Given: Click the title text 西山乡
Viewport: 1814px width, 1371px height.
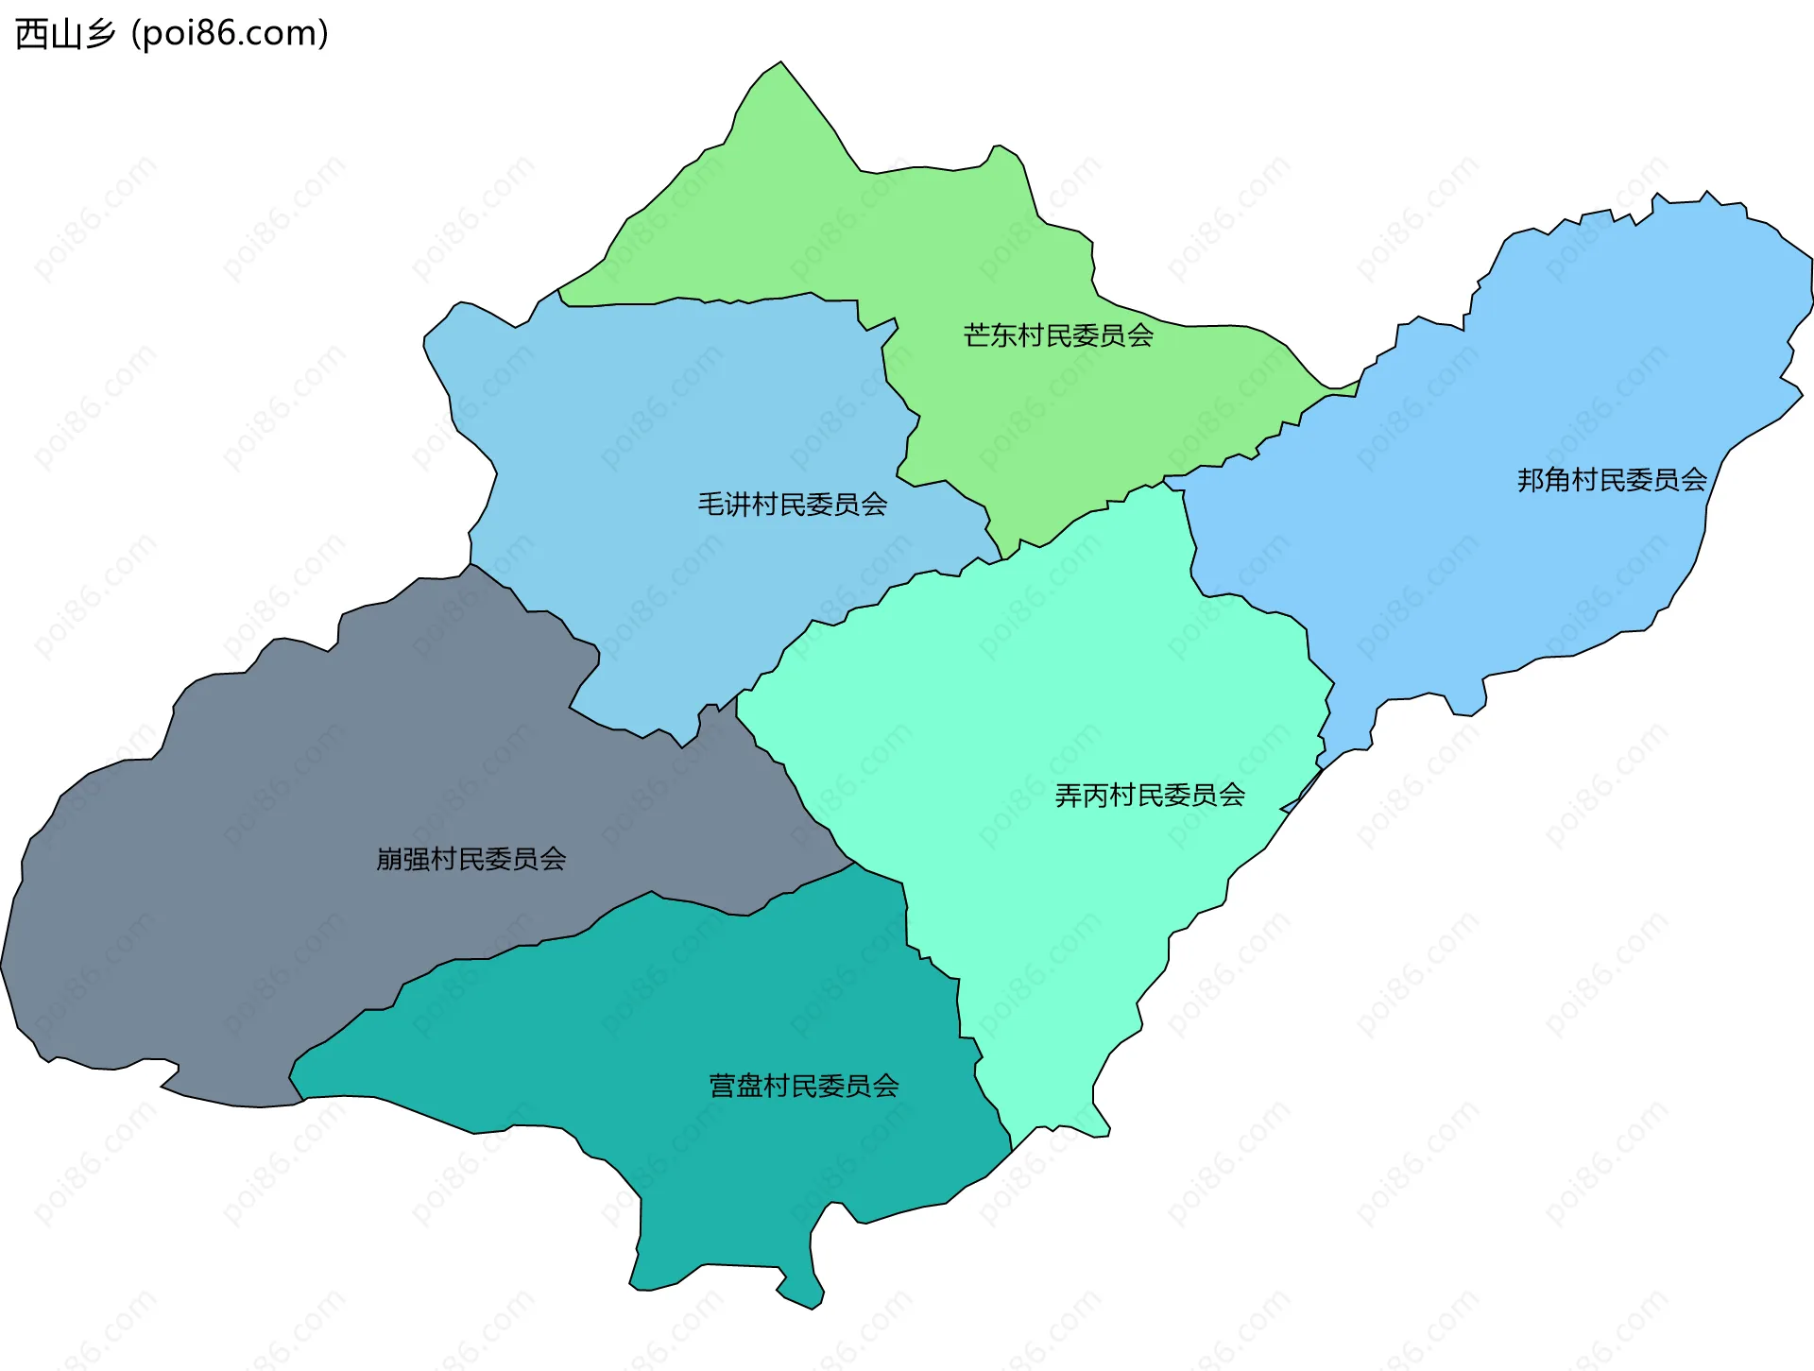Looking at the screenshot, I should (64, 34).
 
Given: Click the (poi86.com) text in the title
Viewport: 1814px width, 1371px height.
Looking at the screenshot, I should (230, 34).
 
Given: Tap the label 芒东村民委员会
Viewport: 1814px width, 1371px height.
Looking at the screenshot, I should (1058, 335).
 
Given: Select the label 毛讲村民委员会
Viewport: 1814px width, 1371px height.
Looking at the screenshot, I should (792, 505).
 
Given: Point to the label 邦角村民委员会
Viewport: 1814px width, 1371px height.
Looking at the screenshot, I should (1612, 480).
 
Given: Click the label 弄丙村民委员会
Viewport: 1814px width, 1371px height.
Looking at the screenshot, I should (1149, 796).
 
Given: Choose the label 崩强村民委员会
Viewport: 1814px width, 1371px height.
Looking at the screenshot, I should (471, 859).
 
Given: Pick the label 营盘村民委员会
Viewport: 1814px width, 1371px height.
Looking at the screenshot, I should (803, 1086).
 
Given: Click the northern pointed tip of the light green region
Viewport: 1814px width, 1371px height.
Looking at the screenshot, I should (780, 64).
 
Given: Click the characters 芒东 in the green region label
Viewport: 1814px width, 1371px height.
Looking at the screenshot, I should (990, 335).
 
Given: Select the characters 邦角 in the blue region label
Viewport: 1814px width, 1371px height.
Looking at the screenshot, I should (1544, 480).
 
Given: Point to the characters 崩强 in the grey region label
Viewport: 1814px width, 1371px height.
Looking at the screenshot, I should (402, 859).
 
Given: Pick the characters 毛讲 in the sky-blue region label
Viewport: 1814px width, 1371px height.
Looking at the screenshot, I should (724, 505).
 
